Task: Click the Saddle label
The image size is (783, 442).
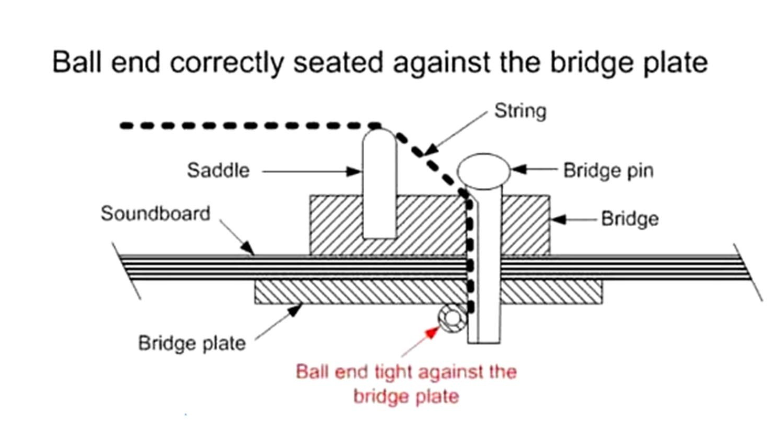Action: (218, 171)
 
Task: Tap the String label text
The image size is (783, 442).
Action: (520, 111)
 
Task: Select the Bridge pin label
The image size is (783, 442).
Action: (608, 171)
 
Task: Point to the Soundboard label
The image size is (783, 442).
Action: (155, 214)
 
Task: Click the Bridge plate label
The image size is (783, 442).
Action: (192, 343)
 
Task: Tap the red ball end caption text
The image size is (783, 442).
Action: (406, 384)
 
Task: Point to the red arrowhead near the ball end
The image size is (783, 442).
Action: (432, 332)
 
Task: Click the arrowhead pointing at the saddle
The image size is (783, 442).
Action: (355, 171)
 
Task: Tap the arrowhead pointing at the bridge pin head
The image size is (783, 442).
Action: (519, 169)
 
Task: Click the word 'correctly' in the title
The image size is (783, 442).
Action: (227, 62)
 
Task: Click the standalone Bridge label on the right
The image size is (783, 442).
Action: (629, 219)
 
